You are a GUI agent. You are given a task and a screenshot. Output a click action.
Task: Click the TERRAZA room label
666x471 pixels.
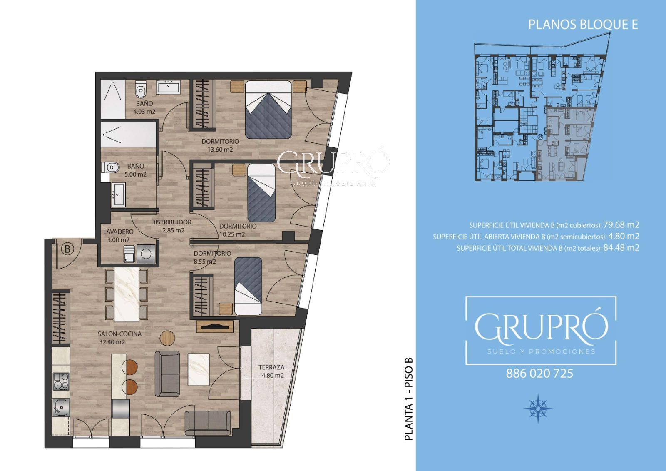[x=271, y=367]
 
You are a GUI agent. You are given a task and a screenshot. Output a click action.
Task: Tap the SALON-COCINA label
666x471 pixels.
[x=119, y=334]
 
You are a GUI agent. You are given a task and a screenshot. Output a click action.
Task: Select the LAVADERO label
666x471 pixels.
[x=118, y=232]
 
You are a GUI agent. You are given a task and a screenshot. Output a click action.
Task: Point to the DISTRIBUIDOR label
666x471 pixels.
[x=171, y=222]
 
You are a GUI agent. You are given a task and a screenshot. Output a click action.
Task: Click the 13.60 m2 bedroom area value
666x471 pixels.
[x=220, y=150]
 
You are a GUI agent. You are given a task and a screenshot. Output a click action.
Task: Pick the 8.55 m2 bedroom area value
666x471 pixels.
[x=205, y=262]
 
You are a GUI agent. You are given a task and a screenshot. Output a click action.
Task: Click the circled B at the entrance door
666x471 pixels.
[x=67, y=249]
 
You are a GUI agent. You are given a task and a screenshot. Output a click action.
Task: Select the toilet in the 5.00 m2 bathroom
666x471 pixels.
[x=110, y=167]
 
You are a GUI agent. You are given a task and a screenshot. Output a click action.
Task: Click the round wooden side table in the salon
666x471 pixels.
[x=167, y=338]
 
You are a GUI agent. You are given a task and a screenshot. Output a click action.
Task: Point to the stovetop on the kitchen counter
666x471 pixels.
[x=61, y=381]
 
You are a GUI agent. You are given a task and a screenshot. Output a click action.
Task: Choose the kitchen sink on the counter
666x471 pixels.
[x=61, y=407]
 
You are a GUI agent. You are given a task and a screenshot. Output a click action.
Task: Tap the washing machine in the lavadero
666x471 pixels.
[x=146, y=253]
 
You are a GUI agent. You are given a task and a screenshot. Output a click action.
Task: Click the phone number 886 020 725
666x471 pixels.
[x=539, y=374]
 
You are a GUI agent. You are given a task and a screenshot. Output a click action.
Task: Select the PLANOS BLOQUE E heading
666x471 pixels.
[x=583, y=25]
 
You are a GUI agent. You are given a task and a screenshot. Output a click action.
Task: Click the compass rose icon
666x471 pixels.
[x=538, y=408]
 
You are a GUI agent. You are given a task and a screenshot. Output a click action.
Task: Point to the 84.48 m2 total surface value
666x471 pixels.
[x=621, y=247]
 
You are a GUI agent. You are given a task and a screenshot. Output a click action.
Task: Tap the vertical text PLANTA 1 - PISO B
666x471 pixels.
[x=409, y=399]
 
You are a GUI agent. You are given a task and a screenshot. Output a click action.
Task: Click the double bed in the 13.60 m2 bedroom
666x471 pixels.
[x=268, y=110]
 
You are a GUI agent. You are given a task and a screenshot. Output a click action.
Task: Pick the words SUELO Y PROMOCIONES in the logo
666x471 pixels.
[x=541, y=351]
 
